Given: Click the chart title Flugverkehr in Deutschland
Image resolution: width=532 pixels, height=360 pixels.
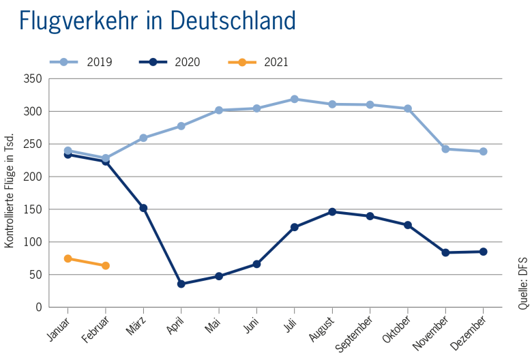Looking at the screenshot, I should point(158,21).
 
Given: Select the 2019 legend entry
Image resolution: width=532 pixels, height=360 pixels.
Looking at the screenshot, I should point(80,62).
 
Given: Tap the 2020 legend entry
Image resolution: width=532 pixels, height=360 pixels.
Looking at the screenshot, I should point(168,62).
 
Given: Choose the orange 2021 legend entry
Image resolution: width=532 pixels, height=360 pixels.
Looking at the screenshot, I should point(257,62).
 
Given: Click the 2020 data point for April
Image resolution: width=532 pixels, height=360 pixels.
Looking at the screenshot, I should point(181,284).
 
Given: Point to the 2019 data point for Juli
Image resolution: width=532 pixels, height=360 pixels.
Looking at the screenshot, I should point(295,99).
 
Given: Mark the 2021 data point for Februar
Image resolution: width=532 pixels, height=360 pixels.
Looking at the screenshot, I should point(106,265).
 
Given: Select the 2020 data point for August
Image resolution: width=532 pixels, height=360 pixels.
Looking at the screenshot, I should point(332,211).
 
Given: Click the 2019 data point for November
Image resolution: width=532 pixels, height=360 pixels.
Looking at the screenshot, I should point(445,149).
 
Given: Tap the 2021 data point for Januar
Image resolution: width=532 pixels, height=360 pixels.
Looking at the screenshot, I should point(68,258).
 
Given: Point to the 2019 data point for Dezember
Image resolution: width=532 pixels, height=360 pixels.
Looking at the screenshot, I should point(484,151).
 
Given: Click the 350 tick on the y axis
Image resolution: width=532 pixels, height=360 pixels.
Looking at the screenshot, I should point(35,79).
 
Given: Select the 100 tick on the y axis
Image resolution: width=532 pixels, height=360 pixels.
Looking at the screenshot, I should point(35,242).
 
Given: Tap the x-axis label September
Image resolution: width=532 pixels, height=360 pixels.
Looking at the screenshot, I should point(357,332).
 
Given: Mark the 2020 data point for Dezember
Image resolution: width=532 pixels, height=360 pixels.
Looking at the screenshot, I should point(484,252).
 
